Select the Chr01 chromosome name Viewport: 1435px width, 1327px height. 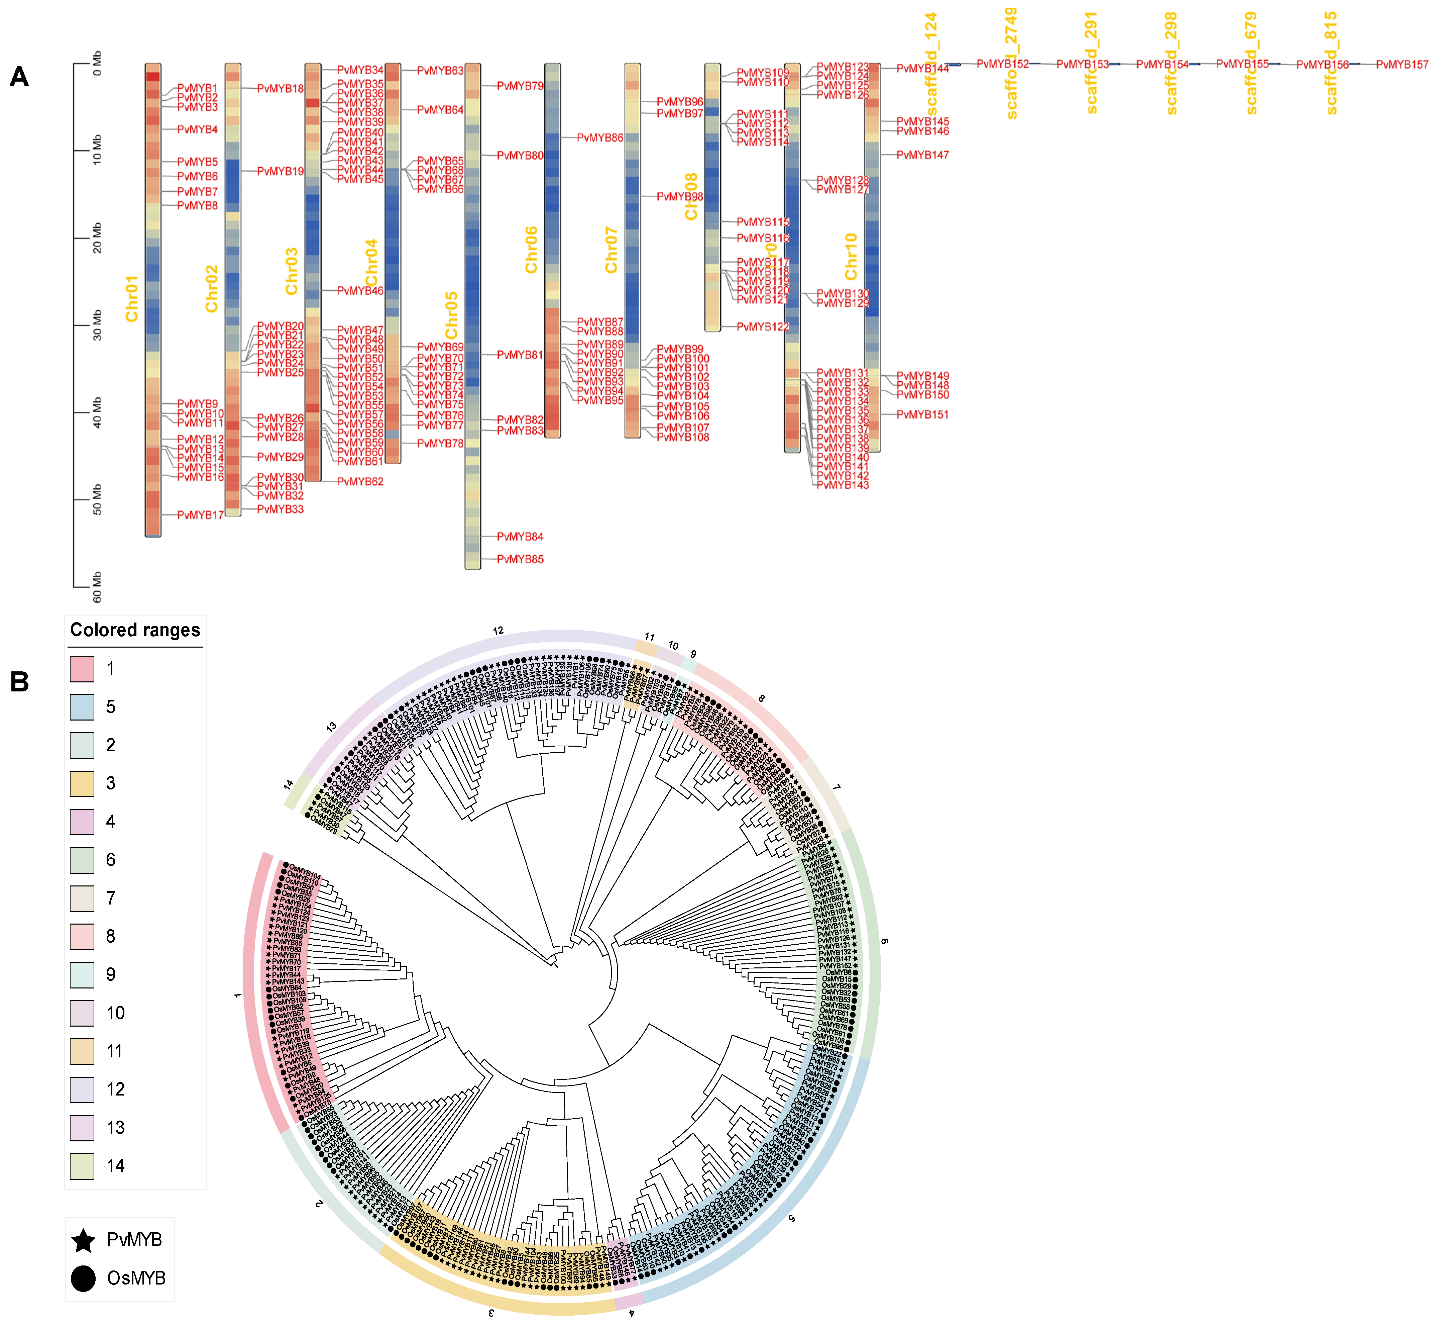pyautogui.click(x=131, y=299)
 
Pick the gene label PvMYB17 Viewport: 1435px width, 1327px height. pyautogui.click(x=200, y=515)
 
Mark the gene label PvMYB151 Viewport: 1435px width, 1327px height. pyautogui.click(x=922, y=414)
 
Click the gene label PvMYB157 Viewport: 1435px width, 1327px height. pyautogui.click(x=1402, y=65)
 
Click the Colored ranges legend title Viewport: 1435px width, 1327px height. pyautogui.click(x=135, y=630)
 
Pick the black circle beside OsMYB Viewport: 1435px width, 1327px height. pyautogui.click(x=83, y=1278)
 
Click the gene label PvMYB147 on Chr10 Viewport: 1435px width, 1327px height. pyautogui.click(x=922, y=155)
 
